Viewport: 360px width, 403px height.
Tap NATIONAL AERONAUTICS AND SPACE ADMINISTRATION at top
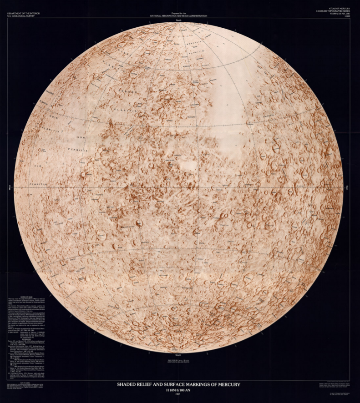pos(178,15)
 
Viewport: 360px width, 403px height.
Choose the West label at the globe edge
pos(10,187)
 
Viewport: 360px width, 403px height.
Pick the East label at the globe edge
pos(347,187)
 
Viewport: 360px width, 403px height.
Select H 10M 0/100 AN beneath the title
pos(178,390)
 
